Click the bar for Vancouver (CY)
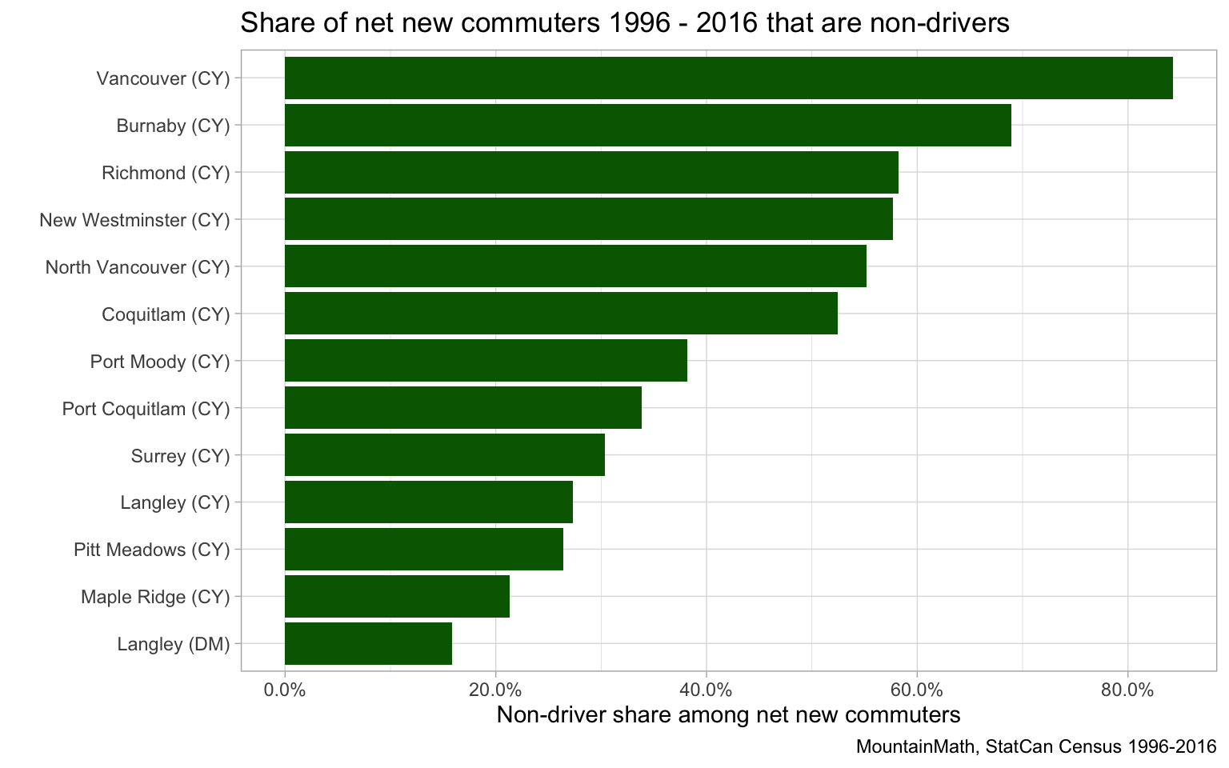tap(728, 78)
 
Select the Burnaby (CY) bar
tap(648, 126)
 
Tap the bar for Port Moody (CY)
tap(486, 361)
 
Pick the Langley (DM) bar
tap(368, 644)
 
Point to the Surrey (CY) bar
tap(445, 455)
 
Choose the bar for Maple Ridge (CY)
tap(397, 597)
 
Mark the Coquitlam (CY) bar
tap(561, 314)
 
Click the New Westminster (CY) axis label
tap(134, 220)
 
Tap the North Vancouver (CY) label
tap(138, 267)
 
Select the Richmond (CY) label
tap(166, 173)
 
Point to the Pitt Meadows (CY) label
tap(151, 550)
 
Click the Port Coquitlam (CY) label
tap(146, 409)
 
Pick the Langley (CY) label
tap(175, 502)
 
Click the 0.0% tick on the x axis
tap(285, 690)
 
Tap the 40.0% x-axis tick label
tap(706, 690)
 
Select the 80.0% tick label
tap(1127, 690)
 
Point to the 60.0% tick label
tap(916, 690)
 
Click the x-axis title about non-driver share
tap(728, 714)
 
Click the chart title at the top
tap(624, 23)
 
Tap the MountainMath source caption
tap(1035, 747)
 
